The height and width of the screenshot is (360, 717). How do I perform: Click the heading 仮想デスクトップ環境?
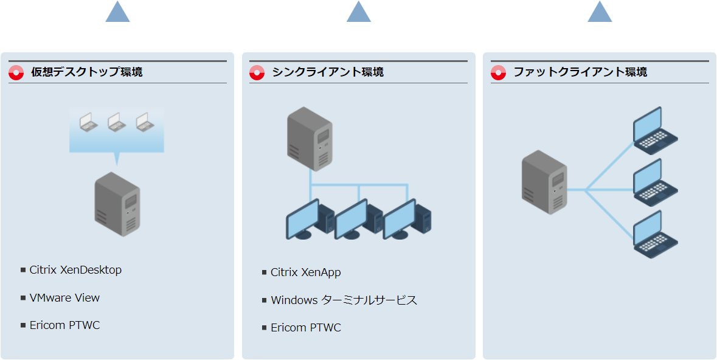click(86, 72)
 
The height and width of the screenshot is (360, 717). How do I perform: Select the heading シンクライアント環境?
click(327, 72)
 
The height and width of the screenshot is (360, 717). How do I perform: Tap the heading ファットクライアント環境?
click(580, 72)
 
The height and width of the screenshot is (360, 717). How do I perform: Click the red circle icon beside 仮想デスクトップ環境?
click(16, 72)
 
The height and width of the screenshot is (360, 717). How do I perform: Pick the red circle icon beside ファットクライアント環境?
click(499, 72)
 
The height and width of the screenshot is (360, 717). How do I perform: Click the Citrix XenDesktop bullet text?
click(75, 270)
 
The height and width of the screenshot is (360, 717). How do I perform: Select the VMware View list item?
click(64, 298)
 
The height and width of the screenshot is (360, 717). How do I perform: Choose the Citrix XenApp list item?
click(305, 272)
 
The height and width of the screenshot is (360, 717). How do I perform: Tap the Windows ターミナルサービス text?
click(344, 300)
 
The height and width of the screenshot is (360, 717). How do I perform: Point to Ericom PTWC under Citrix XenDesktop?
click(64, 325)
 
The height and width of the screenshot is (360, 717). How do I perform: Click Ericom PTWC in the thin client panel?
click(305, 328)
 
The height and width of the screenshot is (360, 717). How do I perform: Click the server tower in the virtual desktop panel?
click(117, 204)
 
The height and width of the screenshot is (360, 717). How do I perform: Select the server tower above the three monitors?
click(310, 139)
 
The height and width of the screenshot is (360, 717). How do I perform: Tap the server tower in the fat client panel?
click(544, 182)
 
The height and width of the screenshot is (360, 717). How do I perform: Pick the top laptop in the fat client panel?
click(655, 129)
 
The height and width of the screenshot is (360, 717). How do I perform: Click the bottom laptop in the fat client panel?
click(655, 234)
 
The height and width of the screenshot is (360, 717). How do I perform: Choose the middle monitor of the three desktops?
click(352, 219)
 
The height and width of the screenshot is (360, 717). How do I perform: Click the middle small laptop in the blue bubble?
click(116, 122)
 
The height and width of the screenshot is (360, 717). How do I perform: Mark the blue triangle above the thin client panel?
click(359, 12)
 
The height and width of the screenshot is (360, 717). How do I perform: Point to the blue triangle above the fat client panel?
click(600, 12)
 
